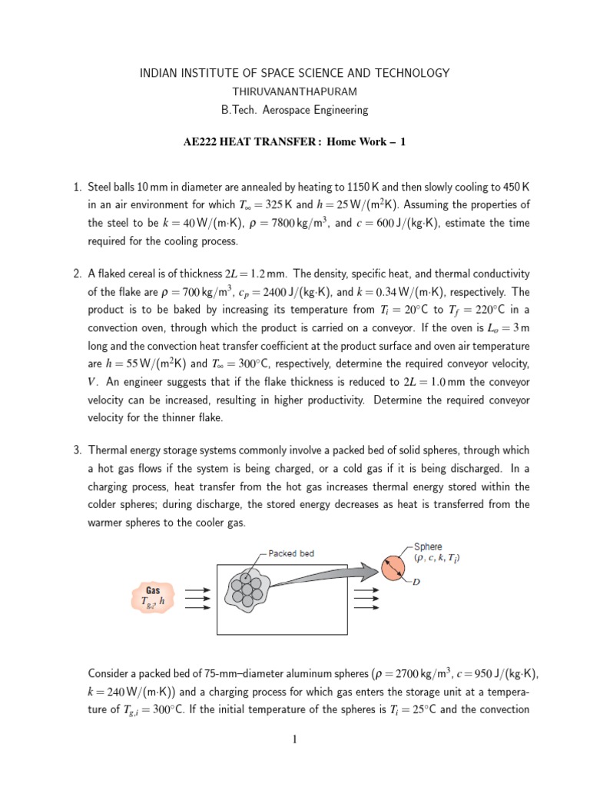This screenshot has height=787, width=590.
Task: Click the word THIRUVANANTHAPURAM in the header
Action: [x=294, y=91]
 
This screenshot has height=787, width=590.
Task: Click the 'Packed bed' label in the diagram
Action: [x=291, y=553]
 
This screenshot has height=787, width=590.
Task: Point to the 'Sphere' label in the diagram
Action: [x=427, y=547]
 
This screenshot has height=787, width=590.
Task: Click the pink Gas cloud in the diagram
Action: [x=153, y=596]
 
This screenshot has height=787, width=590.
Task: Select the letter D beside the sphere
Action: [x=416, y=583]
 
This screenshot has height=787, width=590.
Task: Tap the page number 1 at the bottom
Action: [x=294, y=740]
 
